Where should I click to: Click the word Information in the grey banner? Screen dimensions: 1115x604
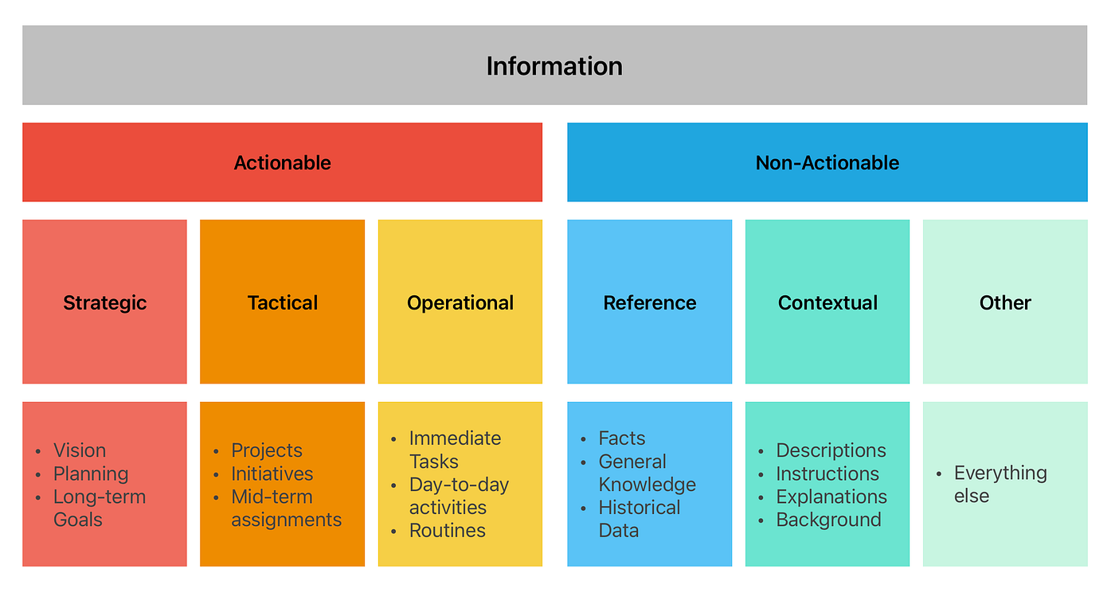point(554,66)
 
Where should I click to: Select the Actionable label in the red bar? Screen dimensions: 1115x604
point(282,162)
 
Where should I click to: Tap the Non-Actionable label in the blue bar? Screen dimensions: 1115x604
point(827,162)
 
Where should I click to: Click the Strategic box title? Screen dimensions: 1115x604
point(105,303)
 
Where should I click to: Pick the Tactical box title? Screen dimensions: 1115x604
point(282,302)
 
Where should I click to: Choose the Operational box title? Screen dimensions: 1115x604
point(460,303)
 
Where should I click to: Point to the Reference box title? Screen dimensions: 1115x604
point(650,302)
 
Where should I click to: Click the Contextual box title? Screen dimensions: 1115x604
point(827,302)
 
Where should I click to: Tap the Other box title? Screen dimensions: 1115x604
point(1005,302)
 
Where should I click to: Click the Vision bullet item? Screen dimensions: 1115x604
point(80,450)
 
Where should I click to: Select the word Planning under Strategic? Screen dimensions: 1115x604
point(91,474)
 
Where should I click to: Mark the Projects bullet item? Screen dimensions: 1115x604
point(267,450)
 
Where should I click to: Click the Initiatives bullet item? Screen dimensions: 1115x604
point(272,473)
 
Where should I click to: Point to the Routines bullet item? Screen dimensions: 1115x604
point(448,530)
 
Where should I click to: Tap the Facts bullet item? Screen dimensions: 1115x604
point(622,438)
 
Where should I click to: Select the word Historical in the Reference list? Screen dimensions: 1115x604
point(640,508)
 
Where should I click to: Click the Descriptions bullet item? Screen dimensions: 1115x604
point(831,450)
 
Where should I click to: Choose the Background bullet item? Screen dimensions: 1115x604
point(829,520)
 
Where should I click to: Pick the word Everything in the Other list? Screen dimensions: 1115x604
point(1000,473)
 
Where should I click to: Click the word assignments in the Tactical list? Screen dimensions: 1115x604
point(287,520)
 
